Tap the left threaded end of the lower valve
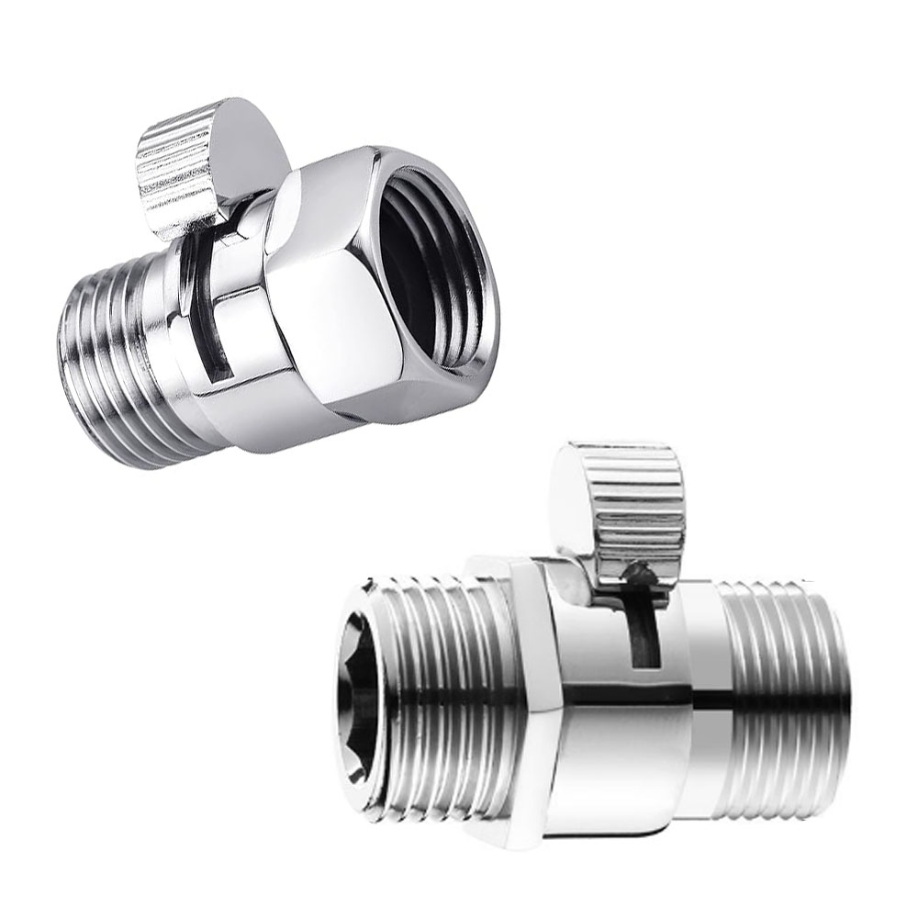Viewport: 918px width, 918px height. pos(431,698)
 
